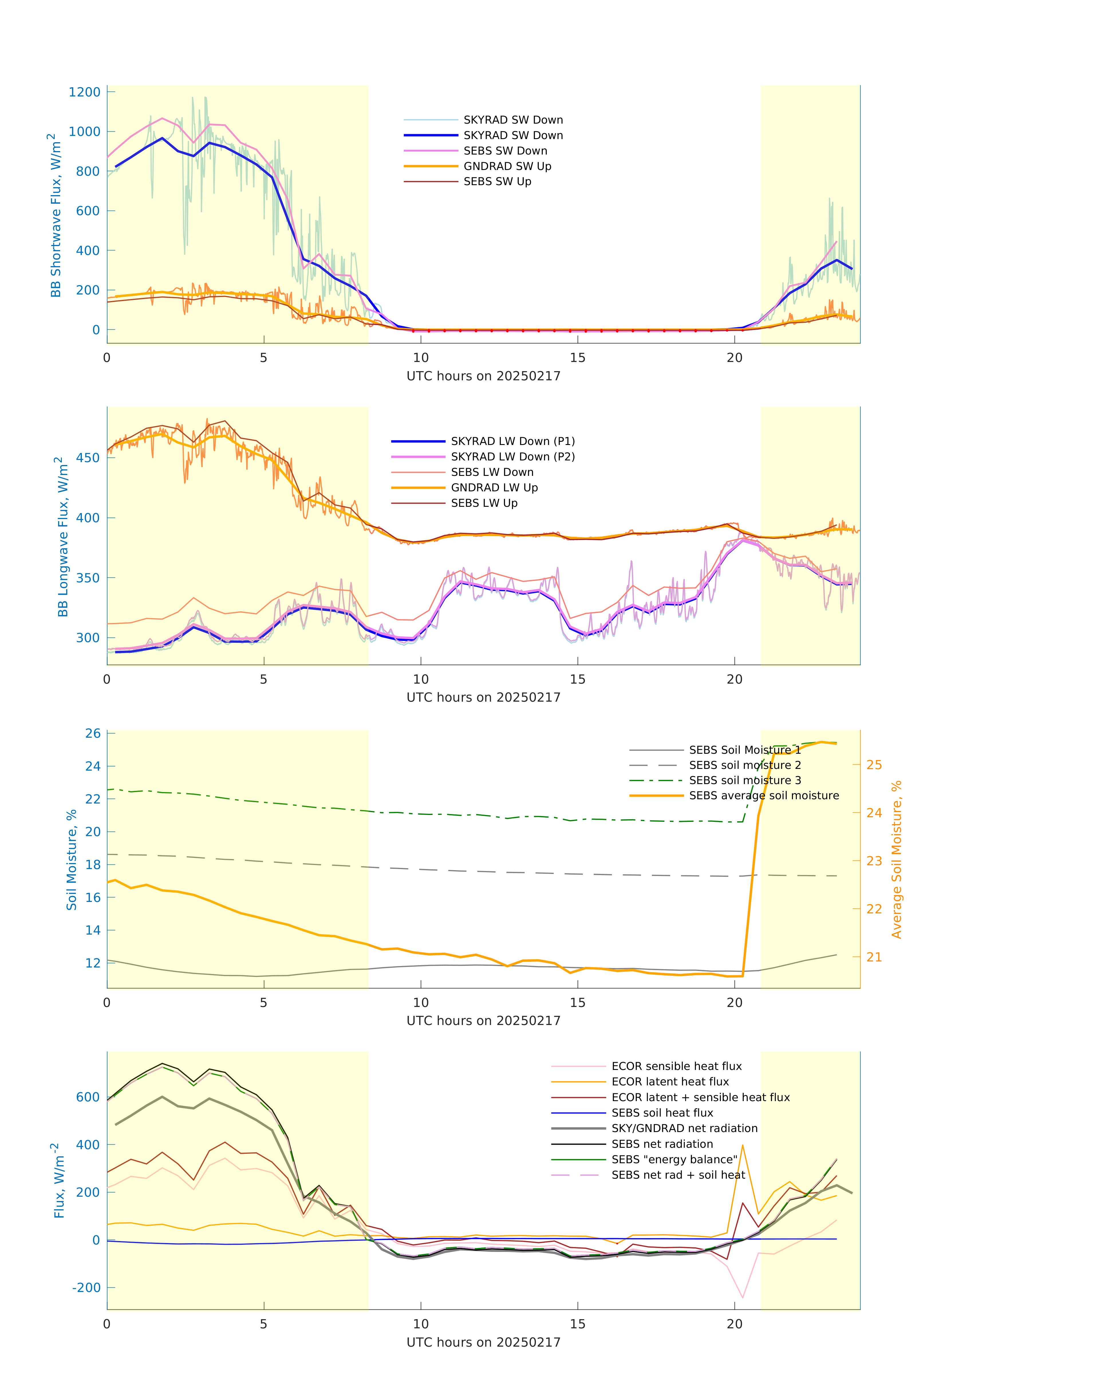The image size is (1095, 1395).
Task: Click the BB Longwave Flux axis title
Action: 62,536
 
